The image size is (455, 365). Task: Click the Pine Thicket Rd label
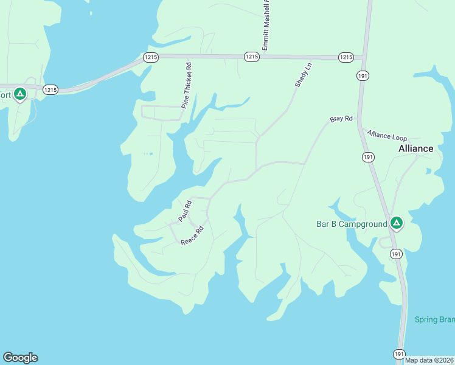pos(186,85)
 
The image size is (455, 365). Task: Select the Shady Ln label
pos(303,75)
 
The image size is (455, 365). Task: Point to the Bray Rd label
pos(341,119)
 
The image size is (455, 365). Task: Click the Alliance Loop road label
pos(386,135)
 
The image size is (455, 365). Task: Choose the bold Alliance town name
pos(415,148)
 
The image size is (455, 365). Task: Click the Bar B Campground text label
pos(352,224)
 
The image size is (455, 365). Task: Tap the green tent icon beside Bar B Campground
pos(396,223)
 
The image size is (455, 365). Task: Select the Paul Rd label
pos(185,210)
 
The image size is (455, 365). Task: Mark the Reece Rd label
pos(192,234)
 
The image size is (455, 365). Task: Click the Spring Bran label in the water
pos(434,319)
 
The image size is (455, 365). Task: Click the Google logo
pos(20,358)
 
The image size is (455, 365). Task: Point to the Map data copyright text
pos(429,360)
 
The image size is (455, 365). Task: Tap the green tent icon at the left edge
pos(20,94)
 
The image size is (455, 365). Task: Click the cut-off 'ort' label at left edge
pos(5,95)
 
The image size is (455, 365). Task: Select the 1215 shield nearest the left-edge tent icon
pos(50,89)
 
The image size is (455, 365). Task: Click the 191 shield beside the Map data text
pos(398,353)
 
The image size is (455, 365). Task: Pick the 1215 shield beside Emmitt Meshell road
pos(252,57)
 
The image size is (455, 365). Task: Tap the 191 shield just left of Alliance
pos(367,157)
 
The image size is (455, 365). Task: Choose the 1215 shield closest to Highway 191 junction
pos(346,57)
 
